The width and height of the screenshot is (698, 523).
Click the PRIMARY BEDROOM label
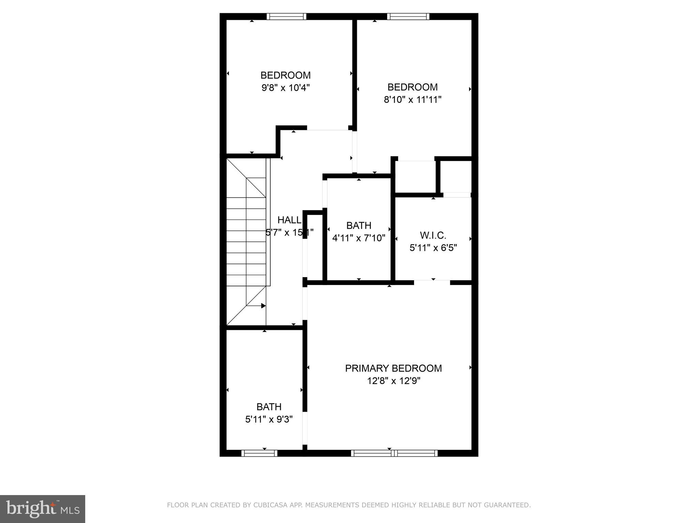click(393, 368)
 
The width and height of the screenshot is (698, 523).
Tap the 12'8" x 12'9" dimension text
click(393, 381)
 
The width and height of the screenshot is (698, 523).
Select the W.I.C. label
click(433, 235)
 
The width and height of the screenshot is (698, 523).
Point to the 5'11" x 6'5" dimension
click(433, 248)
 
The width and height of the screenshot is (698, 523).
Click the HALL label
click(289, 220)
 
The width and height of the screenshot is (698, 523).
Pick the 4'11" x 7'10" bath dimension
click(359, 238)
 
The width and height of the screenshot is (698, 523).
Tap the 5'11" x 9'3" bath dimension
click(269, 419)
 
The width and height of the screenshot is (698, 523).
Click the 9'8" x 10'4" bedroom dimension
click(286, 88)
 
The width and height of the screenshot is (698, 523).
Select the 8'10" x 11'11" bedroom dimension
click(412, 100)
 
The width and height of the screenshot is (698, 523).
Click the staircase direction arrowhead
click(263, 306)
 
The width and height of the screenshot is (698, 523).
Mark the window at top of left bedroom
click(286, 16)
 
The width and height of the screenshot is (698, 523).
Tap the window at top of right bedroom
click(408, 16)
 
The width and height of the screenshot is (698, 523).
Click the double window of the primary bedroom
click(394, 453)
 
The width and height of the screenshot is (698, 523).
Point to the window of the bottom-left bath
click(259, 453)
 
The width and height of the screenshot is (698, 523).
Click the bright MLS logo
click(43, 509)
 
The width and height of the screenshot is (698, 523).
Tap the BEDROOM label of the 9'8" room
click(286, 75)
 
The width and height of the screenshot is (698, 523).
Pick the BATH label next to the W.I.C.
click(359, 225)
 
